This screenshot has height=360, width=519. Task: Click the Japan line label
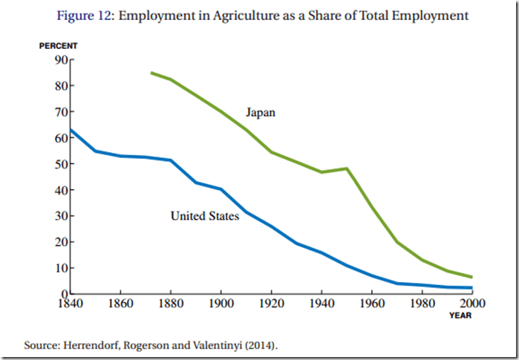(x=261, y=113)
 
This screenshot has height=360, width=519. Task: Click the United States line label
(x=204, y=217)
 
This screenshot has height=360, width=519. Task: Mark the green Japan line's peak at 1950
(x=347, y=168)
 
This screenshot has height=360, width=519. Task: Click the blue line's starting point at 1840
(x=71, y=130)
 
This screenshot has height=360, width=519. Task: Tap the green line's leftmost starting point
(x=151, y=73)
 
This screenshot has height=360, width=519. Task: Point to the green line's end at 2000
(x=471, y=277)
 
